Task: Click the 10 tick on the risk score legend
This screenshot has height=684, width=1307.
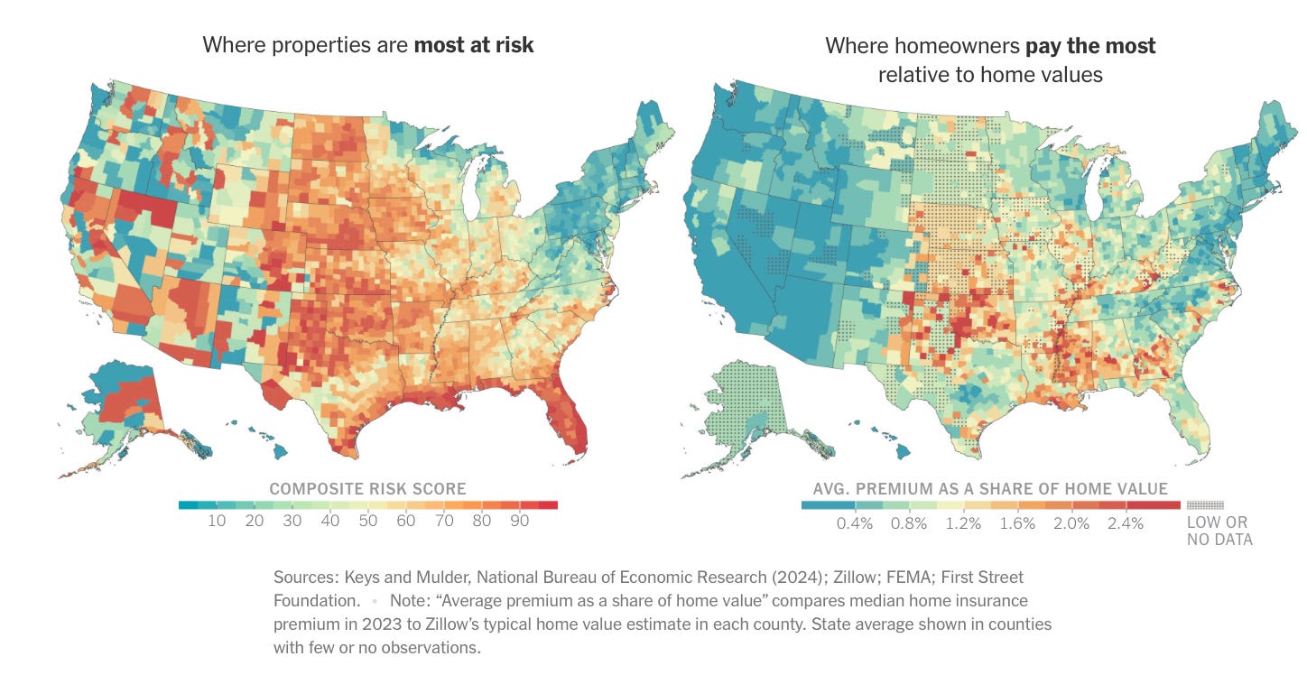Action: coord(217,522)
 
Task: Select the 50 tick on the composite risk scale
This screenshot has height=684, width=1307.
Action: coord(368,522)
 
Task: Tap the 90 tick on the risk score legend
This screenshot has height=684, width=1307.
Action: coord(519,522)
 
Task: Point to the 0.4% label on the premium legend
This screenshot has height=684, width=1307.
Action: coord(856,523)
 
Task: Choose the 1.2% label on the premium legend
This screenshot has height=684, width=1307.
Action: coord(963,523)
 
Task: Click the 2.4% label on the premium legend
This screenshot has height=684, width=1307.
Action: coord(1126,523)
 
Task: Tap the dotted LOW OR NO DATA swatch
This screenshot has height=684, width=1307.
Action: coord(1205,506)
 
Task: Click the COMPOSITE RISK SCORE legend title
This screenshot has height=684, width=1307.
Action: coord(367,489)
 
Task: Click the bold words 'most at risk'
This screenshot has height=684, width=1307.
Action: coord(474,44)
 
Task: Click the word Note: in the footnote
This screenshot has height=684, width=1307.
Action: coord(412,600)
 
